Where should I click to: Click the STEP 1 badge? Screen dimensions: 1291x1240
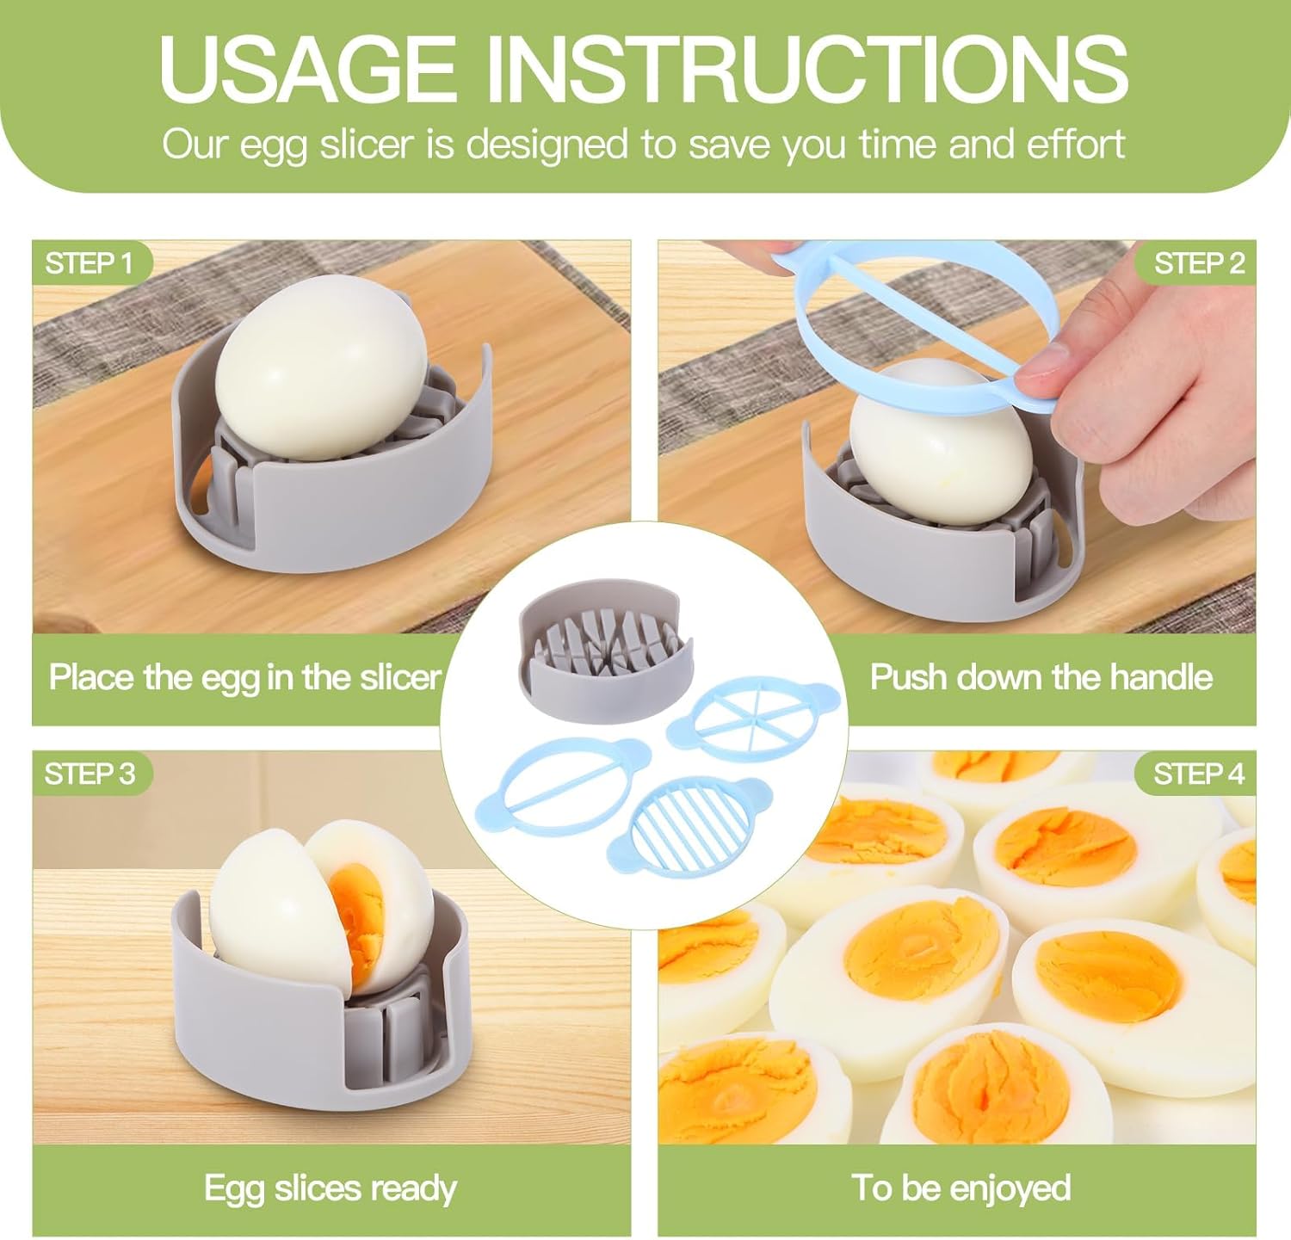(90, 263)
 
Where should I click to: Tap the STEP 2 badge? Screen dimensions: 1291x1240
(1199, 263)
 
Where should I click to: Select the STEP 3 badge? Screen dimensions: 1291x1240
(90, 774)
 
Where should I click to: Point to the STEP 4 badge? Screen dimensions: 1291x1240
(1199, 774)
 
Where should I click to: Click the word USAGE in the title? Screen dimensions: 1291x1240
(306, 68)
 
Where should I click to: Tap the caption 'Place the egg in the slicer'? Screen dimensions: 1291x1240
(244, 677)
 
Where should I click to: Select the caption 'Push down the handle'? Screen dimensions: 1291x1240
(1041, 677)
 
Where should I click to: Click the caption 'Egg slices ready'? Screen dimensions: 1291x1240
(330, 1188)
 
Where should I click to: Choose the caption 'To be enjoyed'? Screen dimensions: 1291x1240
(961, 1188)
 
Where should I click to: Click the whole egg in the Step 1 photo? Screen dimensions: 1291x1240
(321, 367)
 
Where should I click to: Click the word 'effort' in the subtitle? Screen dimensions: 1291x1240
(1076, 144)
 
